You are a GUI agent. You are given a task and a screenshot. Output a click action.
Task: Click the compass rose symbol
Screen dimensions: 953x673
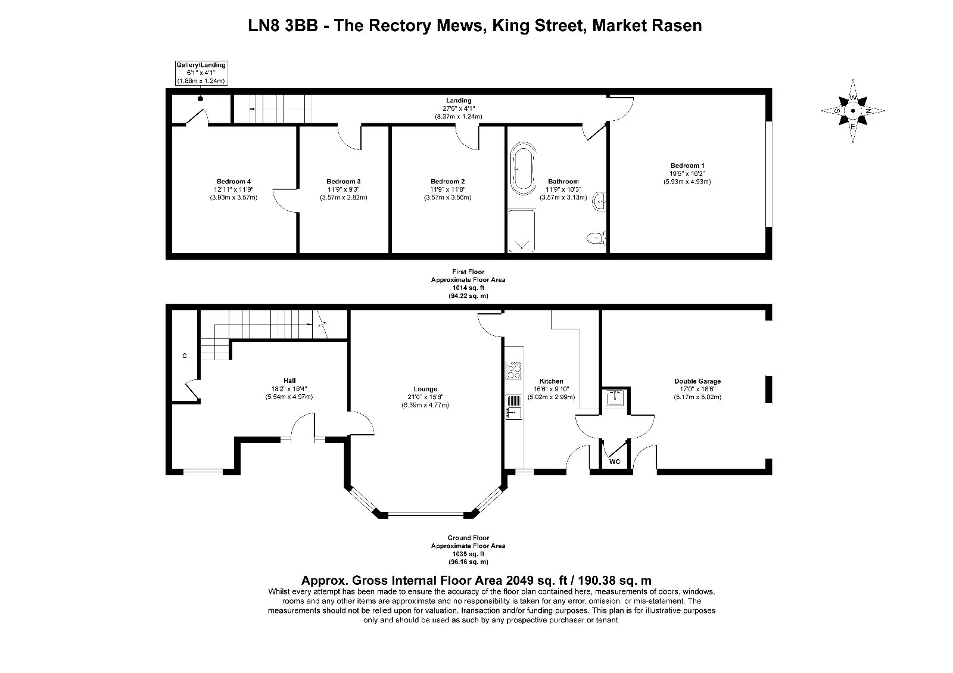[852, 111]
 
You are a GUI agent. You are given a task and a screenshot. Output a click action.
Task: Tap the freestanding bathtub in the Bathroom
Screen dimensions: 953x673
[523, 169]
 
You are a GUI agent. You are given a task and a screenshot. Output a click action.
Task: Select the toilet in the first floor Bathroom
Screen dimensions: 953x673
[596, 238]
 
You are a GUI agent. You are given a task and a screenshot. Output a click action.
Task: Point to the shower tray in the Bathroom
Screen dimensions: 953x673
[522, 231]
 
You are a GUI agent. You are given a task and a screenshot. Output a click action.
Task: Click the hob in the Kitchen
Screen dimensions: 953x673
[514, 370]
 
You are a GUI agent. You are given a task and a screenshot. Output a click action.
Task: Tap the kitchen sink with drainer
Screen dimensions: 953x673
[514, 407]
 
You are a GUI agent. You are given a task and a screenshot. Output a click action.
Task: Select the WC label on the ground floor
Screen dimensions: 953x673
[614, 462]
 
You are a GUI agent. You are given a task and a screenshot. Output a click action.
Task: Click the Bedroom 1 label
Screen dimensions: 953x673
[687, 166]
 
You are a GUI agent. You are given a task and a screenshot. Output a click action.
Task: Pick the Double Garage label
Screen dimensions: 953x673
[697, 381]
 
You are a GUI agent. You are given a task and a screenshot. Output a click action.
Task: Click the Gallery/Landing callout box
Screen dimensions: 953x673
[201, 73]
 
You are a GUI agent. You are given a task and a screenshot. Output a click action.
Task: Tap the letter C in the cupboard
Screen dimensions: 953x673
[185, 356]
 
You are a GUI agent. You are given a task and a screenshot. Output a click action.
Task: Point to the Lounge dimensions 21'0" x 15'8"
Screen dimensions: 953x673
[425, 397]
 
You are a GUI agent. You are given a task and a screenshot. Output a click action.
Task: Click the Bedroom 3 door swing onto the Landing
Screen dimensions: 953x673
[348, 141]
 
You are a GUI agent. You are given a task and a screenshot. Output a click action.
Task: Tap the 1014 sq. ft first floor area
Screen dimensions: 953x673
[468, 288]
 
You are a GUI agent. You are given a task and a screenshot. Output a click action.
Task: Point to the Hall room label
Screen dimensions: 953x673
[289, 381]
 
